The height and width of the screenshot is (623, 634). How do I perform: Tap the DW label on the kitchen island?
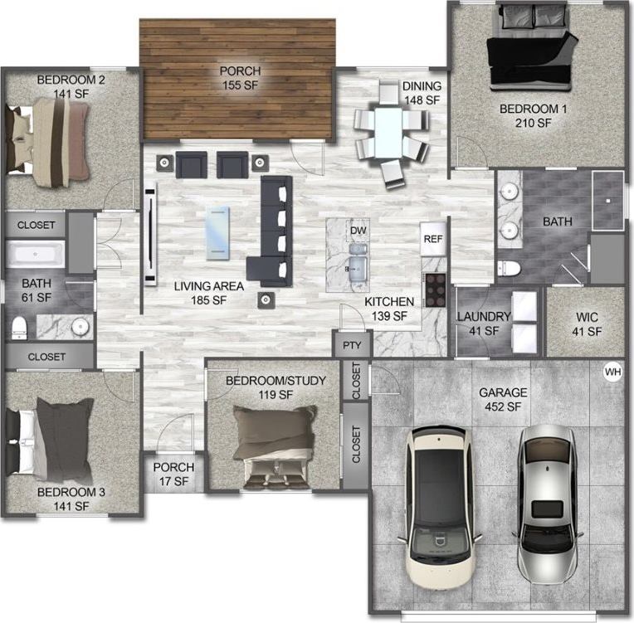[x=358, y=230]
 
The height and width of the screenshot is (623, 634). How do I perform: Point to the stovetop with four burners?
[x=436, y=290]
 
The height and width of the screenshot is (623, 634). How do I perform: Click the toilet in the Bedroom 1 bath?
[x=509, y=268]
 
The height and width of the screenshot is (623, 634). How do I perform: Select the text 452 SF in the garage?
[x=503, y=406]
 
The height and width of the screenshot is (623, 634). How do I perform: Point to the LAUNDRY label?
[x=483, y=317]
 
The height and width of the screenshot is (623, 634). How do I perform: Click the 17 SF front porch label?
[x=173, y=480]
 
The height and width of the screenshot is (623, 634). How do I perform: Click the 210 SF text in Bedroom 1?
[x=531, y=123]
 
